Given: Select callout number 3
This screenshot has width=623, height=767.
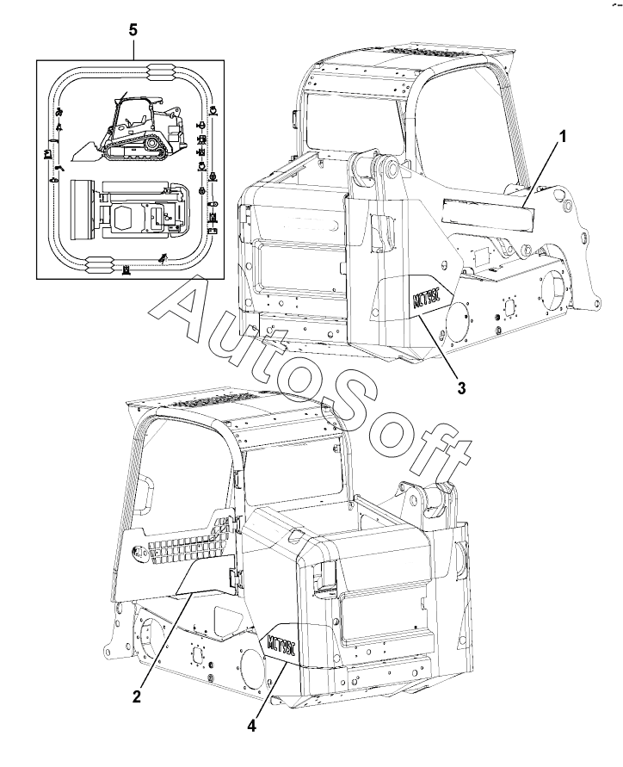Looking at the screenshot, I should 461,387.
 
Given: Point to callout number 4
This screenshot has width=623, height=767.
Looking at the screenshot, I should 251,725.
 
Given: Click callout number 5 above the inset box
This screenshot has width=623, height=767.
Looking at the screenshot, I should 133,29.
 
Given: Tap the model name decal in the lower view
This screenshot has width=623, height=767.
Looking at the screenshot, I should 283,643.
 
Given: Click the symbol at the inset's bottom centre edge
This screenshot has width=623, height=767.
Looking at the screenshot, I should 126,269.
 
